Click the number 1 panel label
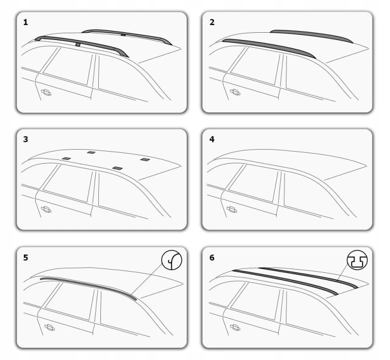tap(25, 22)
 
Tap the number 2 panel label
tap(212, 22)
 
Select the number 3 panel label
tap(25, 139)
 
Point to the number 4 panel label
tap(212, 139)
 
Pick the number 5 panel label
tap(25, 258)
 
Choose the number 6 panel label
tap(212, 258)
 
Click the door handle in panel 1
tap(46, 92)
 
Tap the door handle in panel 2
tap(235, 92)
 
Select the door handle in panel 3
tap(46, 209)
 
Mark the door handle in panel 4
tap(232, 209)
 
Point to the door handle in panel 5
tap(49, 327)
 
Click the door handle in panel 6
tap(235, 327)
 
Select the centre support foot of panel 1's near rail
tap(78, 45)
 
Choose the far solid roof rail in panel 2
tap(311, 35)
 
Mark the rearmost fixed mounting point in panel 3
tap(145, 159)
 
